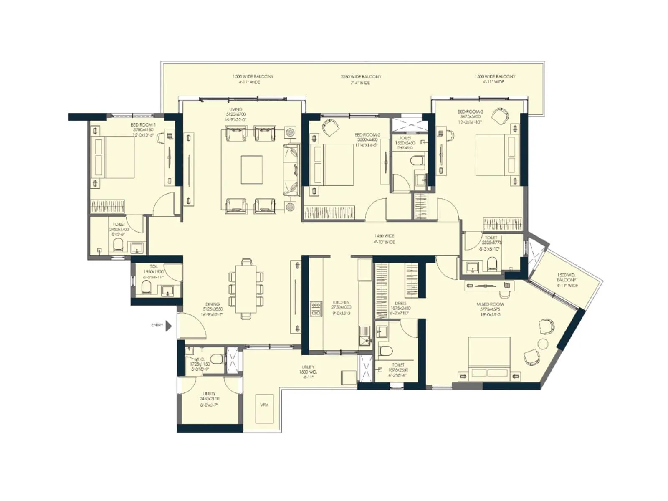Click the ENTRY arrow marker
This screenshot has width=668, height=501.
[x=169, y=326]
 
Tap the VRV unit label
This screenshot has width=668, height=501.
[x=264, y=405]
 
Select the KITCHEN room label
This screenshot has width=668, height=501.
[x=341, y=302]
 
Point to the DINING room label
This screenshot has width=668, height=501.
[x=212, y=304]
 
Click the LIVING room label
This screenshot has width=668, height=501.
[x=235, y=109]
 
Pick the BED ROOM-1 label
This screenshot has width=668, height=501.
[x=143, y=125]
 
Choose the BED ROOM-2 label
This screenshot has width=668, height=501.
[x=367, y=135]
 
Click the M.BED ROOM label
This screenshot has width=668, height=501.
[x=490, y=304]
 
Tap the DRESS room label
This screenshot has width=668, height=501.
[x=400, y=304]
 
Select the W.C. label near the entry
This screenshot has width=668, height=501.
[x=200, y=359]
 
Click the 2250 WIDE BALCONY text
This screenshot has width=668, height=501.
[x=361, y=77]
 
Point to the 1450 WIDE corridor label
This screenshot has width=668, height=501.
[x=384, y=236]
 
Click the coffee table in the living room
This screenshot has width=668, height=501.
[x=252, y=170]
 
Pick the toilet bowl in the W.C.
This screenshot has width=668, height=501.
[x=216, y=359]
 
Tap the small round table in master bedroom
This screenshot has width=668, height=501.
[x=543, y=344]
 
